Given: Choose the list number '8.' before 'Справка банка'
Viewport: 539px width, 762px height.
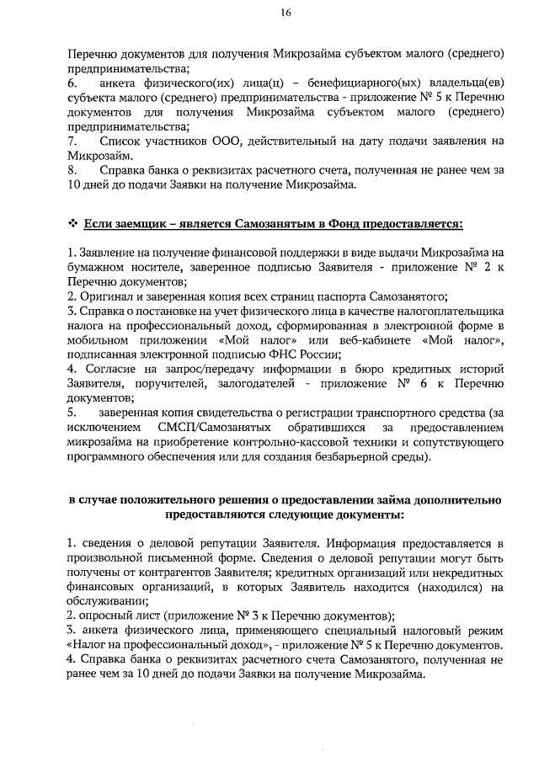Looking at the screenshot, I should tap(73, 170).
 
